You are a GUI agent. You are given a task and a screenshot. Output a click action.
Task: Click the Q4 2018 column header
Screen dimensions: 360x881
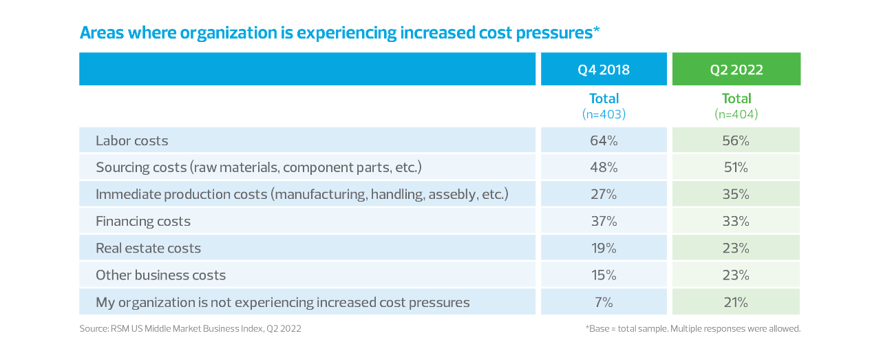tap(604, 70)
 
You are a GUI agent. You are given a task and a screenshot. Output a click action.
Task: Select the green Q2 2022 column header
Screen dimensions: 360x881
tap(736, 70)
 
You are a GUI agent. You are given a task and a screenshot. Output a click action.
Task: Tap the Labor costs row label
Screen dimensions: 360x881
tap(132, 140)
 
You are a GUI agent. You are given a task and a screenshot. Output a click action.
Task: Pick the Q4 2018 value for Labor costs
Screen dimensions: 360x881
tap(604, 140)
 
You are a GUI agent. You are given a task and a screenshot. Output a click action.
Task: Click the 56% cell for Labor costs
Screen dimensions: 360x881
tap(736, 140)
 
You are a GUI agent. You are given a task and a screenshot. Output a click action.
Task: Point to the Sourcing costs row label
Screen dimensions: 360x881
tap(258, 167)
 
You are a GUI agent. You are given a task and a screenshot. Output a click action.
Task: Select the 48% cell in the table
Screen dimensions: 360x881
tap(604, 167)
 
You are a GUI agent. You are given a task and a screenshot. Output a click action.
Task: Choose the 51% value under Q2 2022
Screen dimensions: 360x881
tap(736, 167)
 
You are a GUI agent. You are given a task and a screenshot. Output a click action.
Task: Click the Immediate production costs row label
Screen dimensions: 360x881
tap(301, 194)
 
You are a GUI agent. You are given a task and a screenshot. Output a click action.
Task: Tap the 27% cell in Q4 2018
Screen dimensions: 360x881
tap(604, 194)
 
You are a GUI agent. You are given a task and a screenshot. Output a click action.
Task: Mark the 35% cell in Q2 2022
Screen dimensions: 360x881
tap(736, 194)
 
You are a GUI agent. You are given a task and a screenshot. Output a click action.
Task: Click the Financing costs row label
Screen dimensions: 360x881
tap(143, 221)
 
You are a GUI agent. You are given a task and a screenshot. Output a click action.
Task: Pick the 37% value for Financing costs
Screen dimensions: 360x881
tap(604, 221)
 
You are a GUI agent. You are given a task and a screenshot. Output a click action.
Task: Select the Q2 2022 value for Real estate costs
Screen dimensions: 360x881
tap(736, 248)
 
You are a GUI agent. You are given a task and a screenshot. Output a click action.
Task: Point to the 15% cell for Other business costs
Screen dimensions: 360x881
tap(604, 275)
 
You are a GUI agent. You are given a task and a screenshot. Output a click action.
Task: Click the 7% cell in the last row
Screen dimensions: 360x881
tap(604, 301)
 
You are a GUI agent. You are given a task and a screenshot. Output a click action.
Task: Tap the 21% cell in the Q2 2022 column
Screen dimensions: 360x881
tap(736, 301)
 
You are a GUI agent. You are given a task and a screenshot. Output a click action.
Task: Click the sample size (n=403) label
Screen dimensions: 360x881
tap(604, 114)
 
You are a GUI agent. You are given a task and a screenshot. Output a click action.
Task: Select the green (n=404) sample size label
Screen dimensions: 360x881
tap(736, 114)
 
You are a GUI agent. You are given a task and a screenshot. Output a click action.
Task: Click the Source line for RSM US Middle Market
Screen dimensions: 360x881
tap(190, 329)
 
